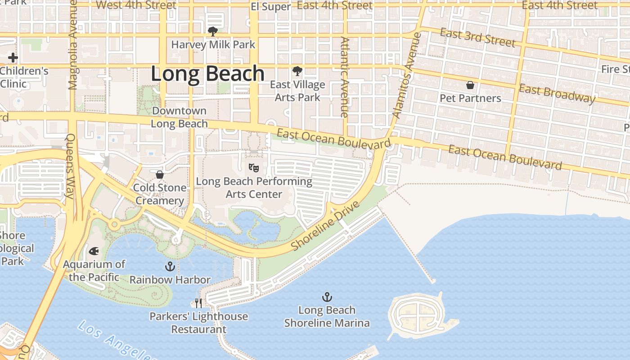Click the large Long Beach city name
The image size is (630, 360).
click(x=207, y=73)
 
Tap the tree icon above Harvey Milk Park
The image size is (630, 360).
click(x=212, y=31)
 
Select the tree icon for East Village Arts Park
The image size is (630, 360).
click(x=297, y=71)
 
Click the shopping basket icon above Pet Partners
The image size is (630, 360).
click(x=470, y=85)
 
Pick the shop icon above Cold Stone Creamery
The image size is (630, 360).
click(x=159, y=175)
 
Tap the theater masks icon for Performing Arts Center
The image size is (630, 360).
click(x=254, y=168)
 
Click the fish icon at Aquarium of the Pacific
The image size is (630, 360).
click(x=94, y=251)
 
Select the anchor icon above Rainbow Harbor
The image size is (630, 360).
click(x=170, y=266)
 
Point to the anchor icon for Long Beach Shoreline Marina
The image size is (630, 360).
click(x=327, y=297)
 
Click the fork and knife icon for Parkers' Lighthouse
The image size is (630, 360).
click(x=198, y=303)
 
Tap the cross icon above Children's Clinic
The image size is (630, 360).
click(x=13, y=58)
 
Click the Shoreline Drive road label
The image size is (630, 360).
click(x=325, y=225)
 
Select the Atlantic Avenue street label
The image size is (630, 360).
click(x=345, y=77)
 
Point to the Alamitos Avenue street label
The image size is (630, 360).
click(x=407, y=75)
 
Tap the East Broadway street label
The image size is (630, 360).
click(x=557, y=94)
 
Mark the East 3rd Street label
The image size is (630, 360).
click(x=477, y=37)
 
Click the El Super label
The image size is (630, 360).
click(x=270, y=6)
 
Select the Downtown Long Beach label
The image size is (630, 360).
click(x=179, y=117)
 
